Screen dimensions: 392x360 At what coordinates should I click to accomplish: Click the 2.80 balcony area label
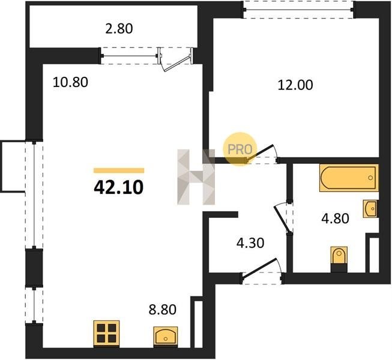(x=119, y=28)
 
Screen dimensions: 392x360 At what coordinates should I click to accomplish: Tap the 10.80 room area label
(x=70, y=82)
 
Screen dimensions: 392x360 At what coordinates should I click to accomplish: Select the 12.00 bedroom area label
(x=295, y=85)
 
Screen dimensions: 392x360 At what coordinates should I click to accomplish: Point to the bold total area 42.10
(x=119, y=187)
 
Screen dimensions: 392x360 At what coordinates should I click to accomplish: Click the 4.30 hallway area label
(x=250, y=243)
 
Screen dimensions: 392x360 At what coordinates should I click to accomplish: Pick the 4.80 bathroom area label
(x=335, y=218)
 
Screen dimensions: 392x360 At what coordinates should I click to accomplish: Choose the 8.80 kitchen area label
(x=163, y=310)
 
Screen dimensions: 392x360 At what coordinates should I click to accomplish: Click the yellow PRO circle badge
(x=240, y=149)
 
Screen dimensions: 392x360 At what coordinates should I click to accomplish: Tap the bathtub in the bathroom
(x=349, y=178)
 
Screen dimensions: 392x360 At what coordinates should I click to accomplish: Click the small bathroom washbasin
(x=370, y=208)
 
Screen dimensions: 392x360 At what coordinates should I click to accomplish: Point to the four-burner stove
(x=106, y=334)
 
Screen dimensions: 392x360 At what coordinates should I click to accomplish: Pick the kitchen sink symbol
(x=166, y=337)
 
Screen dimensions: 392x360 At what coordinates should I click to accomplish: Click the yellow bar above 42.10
(x=119, y=170)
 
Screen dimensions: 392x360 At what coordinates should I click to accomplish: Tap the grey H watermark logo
(x=196, y=177)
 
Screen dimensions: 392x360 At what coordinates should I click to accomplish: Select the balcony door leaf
(x=176, y=64)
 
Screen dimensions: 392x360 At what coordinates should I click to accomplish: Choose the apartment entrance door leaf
(x=260, y=268)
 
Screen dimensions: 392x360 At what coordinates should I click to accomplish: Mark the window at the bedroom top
(x=299, y=10)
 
